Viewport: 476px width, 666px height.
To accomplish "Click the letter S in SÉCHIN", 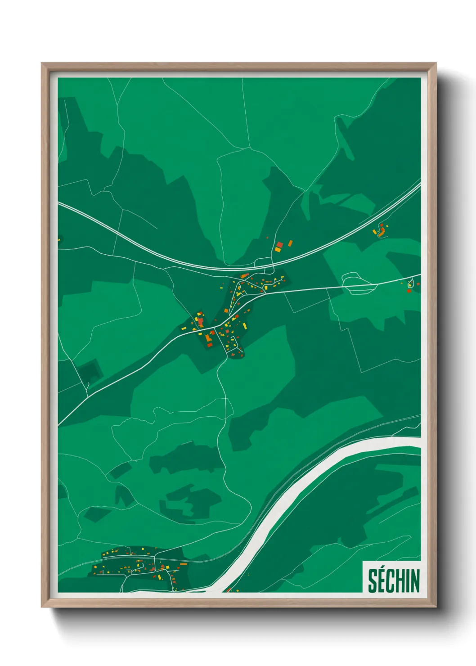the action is pos(373,581).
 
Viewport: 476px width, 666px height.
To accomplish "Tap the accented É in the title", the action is pos(382,581).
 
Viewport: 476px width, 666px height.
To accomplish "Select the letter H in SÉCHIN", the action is pos(402,581).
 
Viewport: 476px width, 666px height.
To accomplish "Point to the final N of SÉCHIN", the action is pos(415,581).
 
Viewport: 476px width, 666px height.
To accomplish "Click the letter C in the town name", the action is pos(392,581).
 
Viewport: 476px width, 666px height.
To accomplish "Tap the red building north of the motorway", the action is pos(280,244).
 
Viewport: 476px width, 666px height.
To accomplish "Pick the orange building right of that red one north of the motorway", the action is pos(290,243).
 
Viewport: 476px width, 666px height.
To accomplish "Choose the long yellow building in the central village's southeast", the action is pos(243,325).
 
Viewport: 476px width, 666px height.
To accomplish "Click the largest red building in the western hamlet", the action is pos(201,323).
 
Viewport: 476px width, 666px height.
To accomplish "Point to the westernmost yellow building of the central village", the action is pos(184,329).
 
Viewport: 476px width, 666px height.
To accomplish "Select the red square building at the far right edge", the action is pos(409,291).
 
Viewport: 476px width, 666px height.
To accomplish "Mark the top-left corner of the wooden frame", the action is pos(42,63).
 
